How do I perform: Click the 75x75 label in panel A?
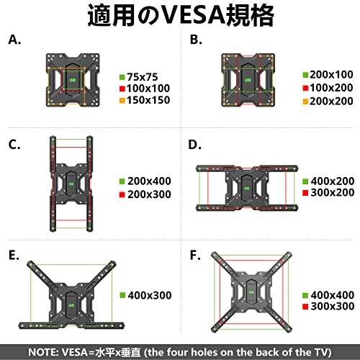click(143, 77)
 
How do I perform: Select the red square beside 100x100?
click(122, 89)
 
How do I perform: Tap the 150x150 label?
click(148, 100)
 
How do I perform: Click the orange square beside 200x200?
click(305, 102)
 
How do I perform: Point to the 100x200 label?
click(331, 88)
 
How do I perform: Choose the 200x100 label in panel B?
click(331, 75)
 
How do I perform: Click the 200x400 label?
click(149, 181)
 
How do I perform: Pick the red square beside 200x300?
click(122, 194)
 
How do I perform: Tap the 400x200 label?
click(333, 181)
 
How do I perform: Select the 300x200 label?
click(333, 192)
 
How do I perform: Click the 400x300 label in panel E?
click(150, 295)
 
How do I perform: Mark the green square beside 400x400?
click(305, 295)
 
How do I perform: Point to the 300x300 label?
click(333, 306)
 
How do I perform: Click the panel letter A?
click(14, 40)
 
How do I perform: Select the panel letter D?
click(194, 145)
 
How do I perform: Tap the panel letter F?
click(195, 255)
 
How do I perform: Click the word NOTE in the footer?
click(42, 352)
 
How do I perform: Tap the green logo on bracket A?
click(73, 80)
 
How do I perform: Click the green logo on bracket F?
click(251, 292)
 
